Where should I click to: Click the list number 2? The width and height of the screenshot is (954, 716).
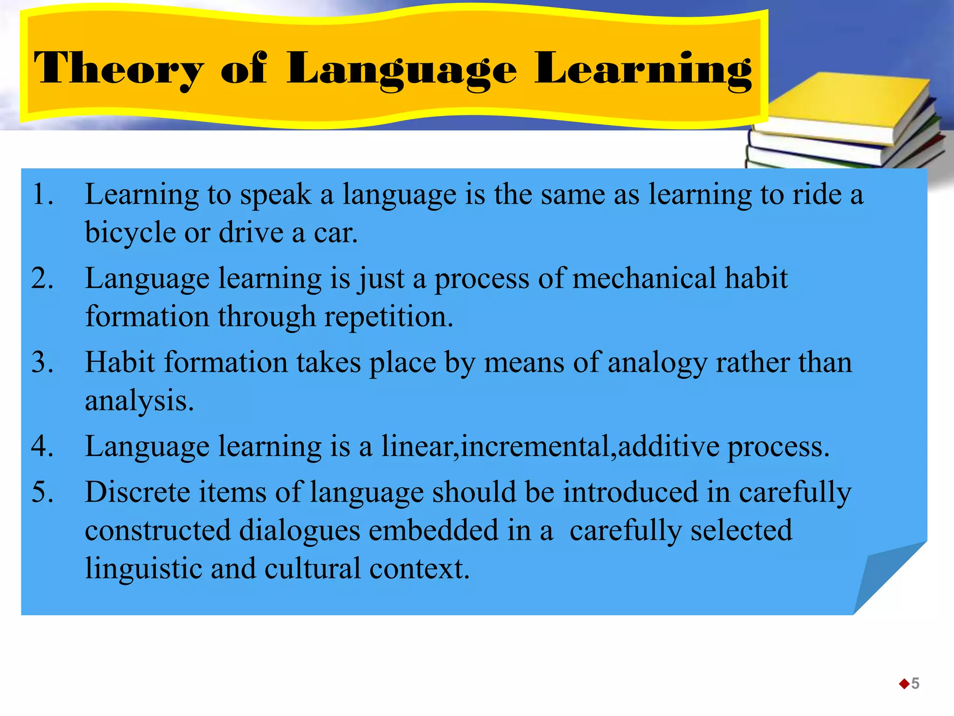[42, 278]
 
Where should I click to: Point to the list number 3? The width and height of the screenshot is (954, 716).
[42, 362]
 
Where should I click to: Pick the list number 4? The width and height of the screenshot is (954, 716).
[42, 446]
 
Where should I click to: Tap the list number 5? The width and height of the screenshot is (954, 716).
[42, 492]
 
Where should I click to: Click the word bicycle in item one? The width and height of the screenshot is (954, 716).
[130, 233]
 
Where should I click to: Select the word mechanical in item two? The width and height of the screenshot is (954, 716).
[644, 278]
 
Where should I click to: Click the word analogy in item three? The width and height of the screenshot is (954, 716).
[657, 363]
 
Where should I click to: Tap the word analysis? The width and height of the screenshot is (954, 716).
[138, 401]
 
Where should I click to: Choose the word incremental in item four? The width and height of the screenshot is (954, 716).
[535, 446]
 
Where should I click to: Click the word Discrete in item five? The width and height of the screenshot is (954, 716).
[137, 492]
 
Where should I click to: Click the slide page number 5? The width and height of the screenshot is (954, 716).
[915, 683]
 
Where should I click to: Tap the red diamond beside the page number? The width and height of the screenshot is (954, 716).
[904, 684]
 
